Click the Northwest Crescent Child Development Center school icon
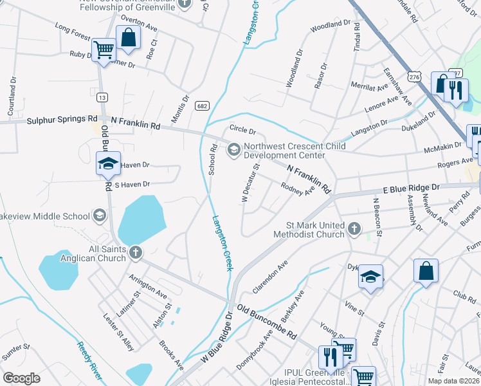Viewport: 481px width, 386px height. tap(233, 150)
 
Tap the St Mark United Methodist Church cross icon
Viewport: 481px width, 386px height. tap(353, 228)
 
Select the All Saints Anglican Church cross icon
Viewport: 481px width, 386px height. tap(135, 252)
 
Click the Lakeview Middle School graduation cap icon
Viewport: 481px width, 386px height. tap(99, 214)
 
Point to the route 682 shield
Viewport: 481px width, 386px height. tap(202, 106)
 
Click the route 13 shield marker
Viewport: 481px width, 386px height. tap(102, 97)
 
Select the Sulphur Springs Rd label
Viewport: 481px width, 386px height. tap(62, 120)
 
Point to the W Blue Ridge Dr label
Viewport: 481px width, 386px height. tap(215, 340)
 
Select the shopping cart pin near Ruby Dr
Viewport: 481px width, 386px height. tap(103, 49)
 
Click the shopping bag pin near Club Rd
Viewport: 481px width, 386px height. tap(426, 270)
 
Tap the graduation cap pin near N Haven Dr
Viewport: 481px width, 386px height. tap(109, 164)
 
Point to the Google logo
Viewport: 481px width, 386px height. tap(22, 378)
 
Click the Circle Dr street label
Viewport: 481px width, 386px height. tap(242, 131)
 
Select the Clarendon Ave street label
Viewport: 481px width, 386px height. tap(269, 277)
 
